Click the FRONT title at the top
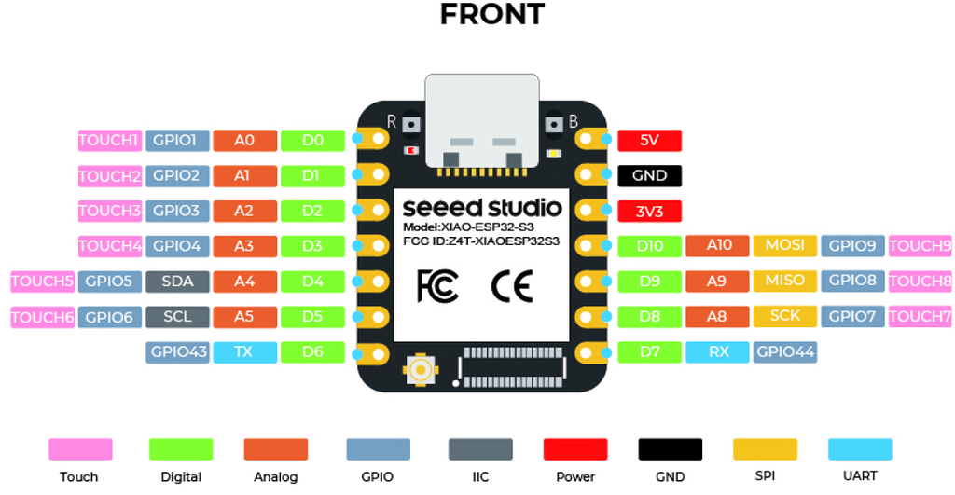click(491, 15)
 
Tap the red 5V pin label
click(649, 141)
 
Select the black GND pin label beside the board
click(649, 175)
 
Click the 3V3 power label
click(649, 211)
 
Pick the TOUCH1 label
click(108, 141)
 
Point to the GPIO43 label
click(177, 352)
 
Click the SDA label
click(177, 281)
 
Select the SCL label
click(177, 317)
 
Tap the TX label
click(244, 352)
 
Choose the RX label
click(717, 352)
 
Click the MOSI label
click(784, 246)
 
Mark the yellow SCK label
click(784, 316)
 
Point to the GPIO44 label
click(785, 352)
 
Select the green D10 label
click(649, 246)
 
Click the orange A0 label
click(244, 141)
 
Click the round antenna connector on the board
click(422, 371)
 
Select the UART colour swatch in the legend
click(859, 449)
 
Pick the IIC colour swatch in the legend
click(479, 449)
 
